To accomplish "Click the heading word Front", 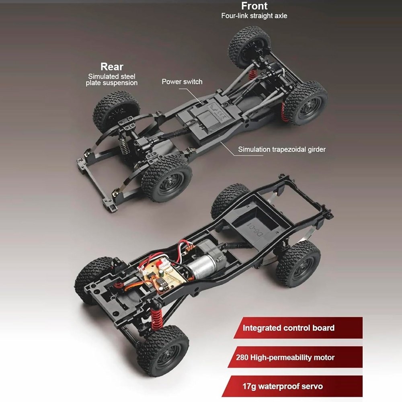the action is [x=254, y=6].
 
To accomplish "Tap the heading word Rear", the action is [x=112, y=67].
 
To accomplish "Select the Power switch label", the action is [x=182, y=82].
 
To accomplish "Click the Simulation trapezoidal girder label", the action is [x=282, y=150].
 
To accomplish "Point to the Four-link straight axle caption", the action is [x=254, y=16].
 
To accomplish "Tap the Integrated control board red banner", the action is [x=298, y=328].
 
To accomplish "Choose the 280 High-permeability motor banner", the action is [x=295, y=357].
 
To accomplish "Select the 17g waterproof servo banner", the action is [x=292, y=386].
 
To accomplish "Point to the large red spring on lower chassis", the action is [x=156, y=318].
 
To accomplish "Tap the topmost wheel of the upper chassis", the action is [x=249, y=47].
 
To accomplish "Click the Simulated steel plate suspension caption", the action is [x=111, y=80].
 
